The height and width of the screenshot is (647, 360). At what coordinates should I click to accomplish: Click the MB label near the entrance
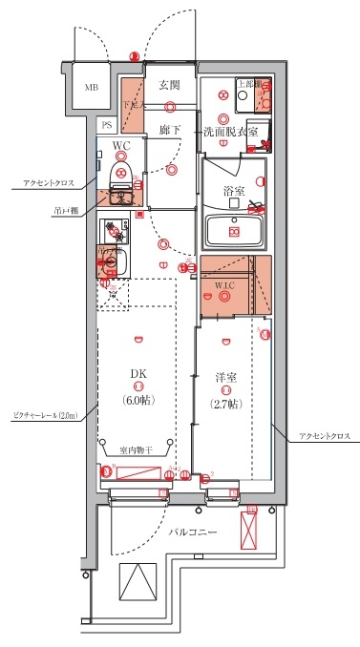point(91,88)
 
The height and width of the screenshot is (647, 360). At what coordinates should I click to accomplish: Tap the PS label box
point(108,124)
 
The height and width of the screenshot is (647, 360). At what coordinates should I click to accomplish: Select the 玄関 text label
point(169,85)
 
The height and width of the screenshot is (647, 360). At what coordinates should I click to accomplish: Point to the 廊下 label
point(169,129)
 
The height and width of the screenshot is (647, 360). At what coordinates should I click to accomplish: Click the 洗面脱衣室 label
point(230,131)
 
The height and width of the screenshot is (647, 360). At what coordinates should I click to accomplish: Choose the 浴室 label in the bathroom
point(233,190)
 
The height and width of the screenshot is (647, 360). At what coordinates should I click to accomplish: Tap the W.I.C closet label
point(223,283)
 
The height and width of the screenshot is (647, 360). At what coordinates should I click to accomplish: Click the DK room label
point(138,374)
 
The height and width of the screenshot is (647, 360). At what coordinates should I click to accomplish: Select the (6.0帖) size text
point(138,401)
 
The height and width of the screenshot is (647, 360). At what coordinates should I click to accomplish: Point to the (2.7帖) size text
point(225,403)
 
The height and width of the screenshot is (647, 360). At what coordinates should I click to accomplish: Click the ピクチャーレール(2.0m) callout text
point(44,416)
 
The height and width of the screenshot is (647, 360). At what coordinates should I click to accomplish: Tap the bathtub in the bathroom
point(234,230)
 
